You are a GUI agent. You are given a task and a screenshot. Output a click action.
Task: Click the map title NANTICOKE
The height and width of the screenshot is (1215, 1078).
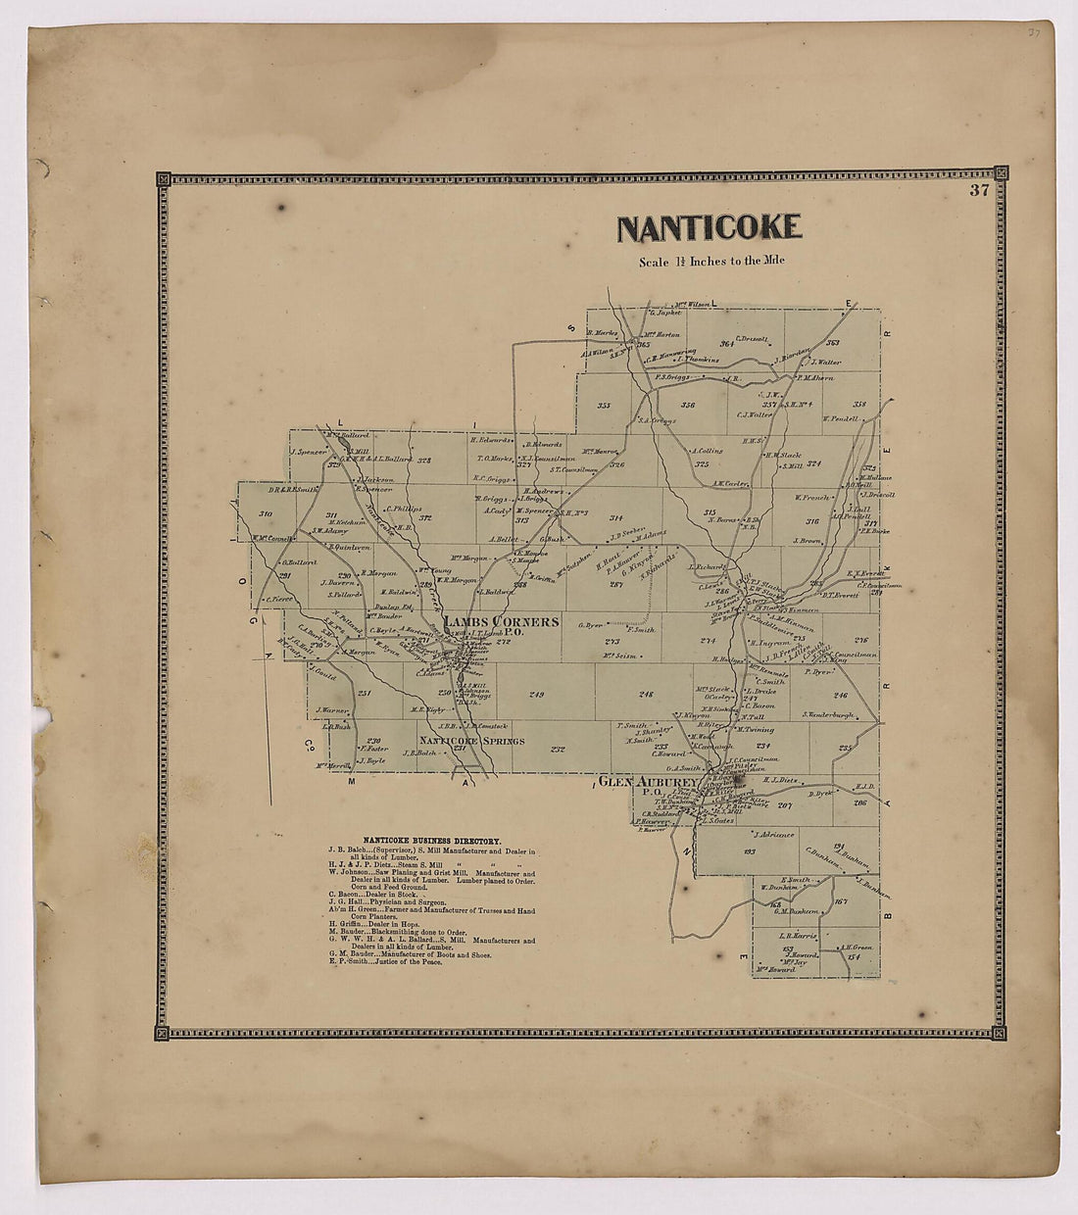(710, 227)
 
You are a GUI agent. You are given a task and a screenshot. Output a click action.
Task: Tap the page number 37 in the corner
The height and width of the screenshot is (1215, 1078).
(978, 191)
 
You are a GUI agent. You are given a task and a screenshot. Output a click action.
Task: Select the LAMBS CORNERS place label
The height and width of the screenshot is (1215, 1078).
(501, 622)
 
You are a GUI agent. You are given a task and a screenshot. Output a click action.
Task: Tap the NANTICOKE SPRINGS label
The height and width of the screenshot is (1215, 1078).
(472, 741)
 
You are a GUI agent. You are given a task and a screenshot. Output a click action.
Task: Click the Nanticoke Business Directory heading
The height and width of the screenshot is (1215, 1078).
(431, 841)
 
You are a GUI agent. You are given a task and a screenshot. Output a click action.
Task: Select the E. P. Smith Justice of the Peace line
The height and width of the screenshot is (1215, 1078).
(385, 963)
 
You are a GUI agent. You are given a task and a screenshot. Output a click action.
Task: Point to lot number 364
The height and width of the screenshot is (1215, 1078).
(727, 344)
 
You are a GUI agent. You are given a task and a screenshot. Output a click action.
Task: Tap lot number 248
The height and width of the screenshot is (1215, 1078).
(646, 695)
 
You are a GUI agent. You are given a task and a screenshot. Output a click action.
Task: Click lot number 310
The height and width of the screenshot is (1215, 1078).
(265, 514)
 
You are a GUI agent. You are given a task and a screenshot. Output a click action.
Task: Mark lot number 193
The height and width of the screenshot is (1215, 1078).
(750, 852)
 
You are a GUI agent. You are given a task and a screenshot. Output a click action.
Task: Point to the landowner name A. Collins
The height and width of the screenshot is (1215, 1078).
(706, 451)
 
